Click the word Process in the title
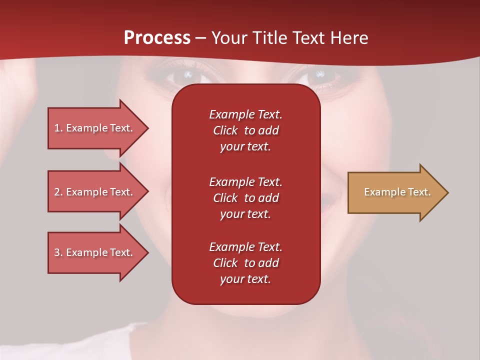point(157,38)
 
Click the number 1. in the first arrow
point(58,128)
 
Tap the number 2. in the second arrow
point(58,192)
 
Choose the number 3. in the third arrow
point(58,252)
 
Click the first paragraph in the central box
point(245,130)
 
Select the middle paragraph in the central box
point(245,197)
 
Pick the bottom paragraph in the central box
point(245,263)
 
